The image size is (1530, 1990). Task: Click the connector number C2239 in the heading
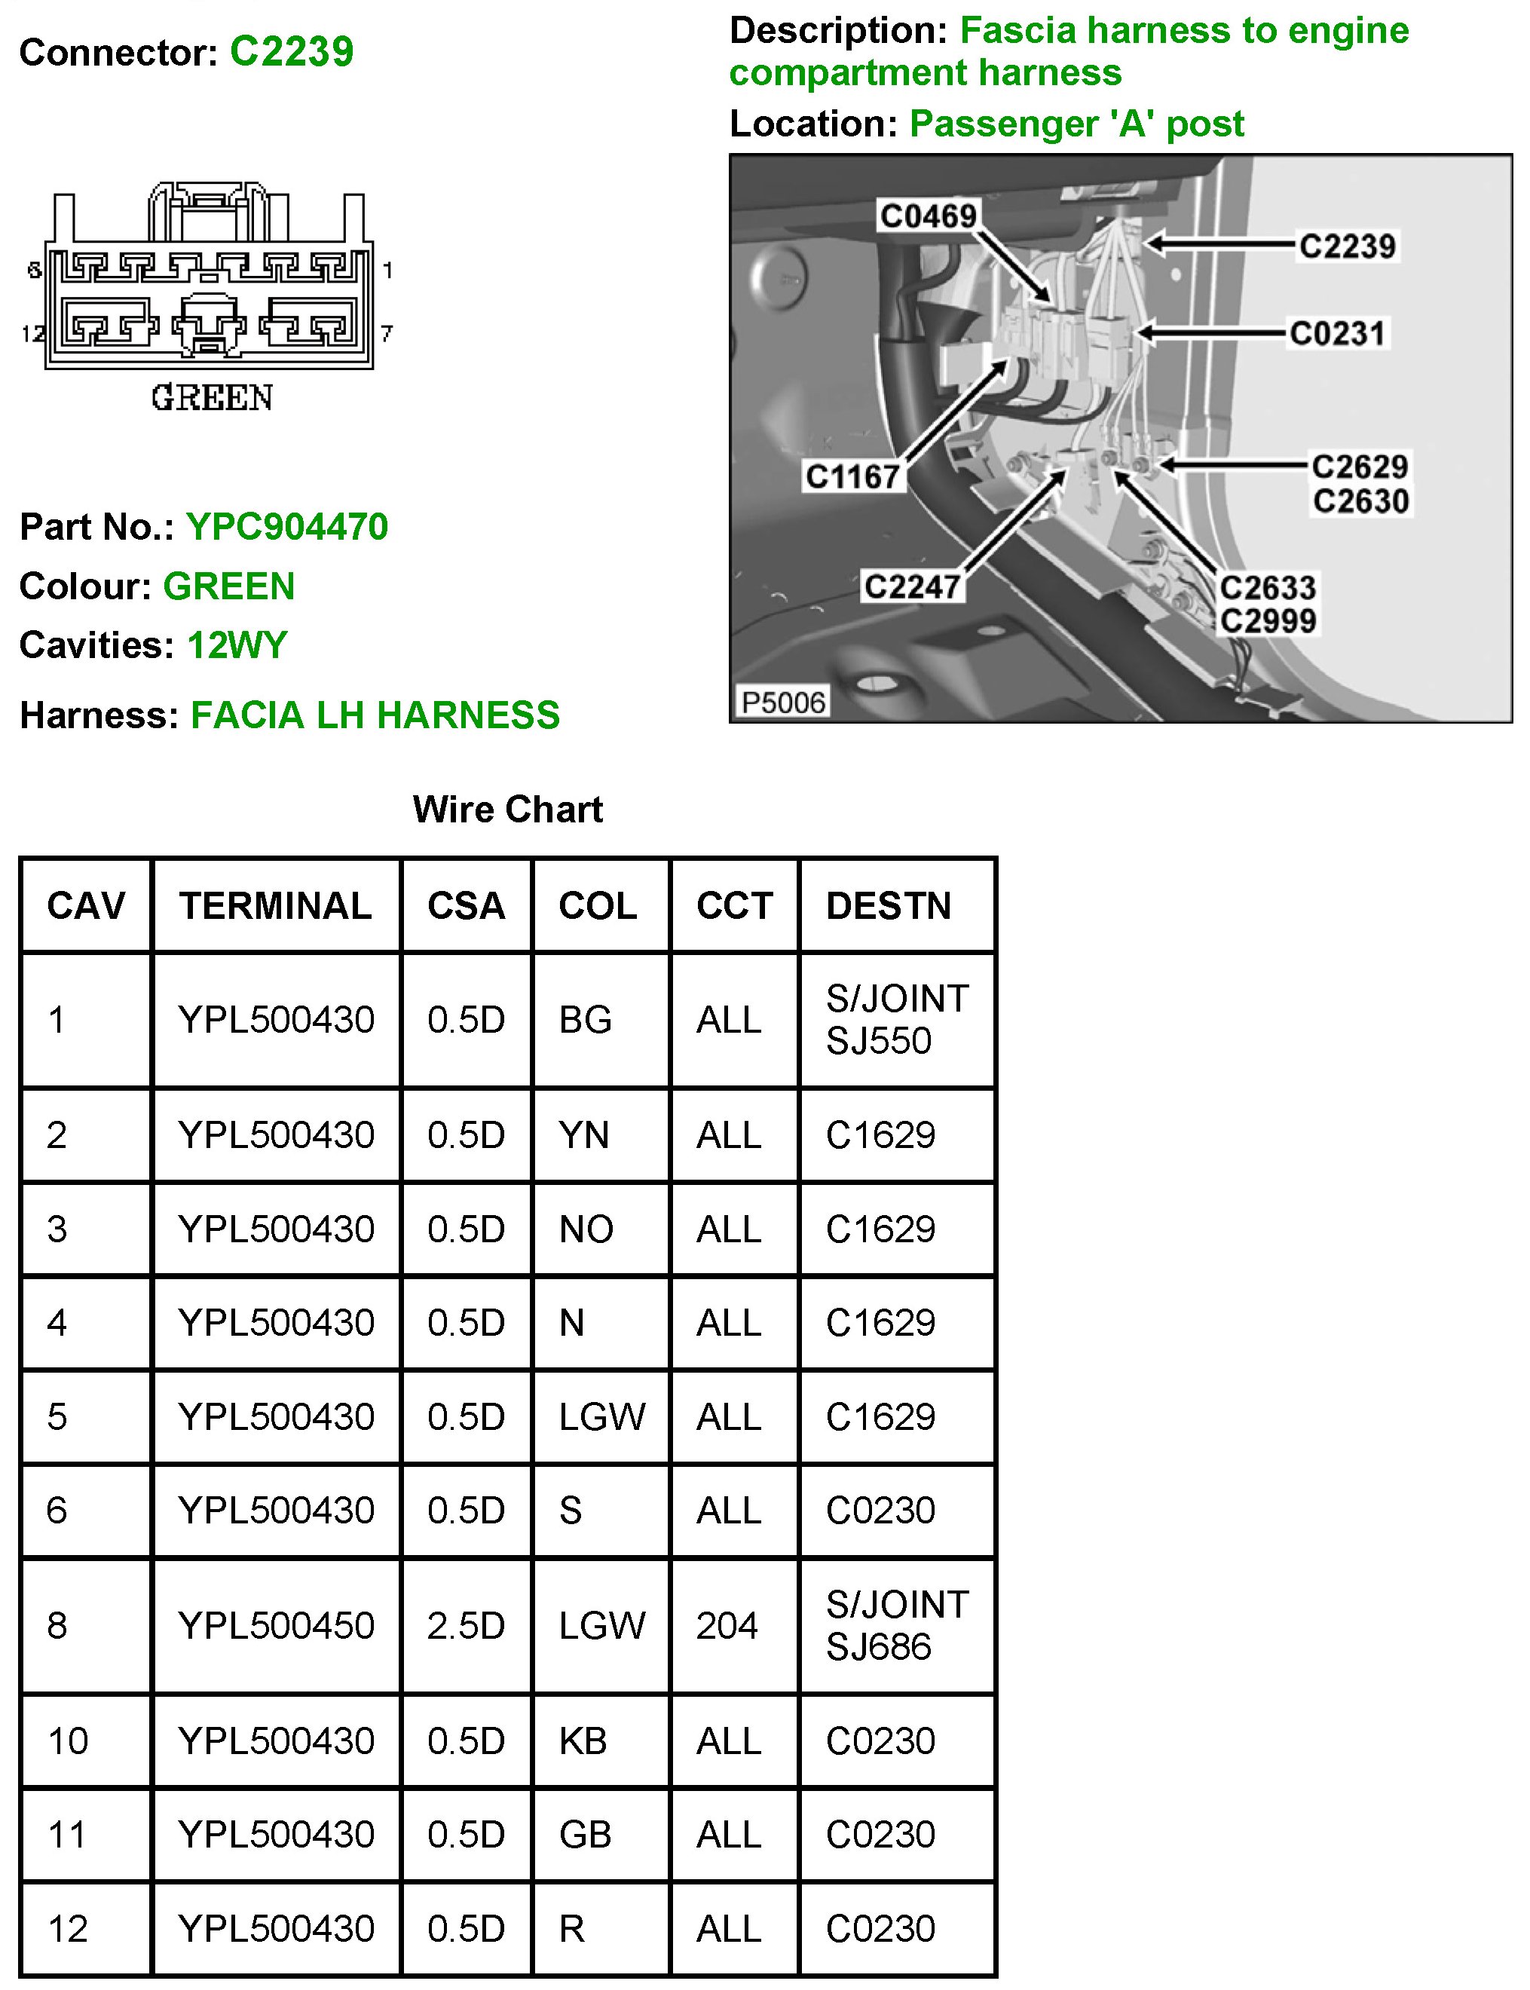(x=292, y=52)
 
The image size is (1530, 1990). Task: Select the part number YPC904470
(x=287, y=526)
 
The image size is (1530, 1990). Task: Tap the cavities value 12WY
(x=237, y=644)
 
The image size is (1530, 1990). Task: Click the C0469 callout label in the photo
(x=928, y=216)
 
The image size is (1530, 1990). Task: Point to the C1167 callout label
(x=852, y=476)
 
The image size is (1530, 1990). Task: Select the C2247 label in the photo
(x=912, y=586)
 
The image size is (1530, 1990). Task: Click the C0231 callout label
(x=1337, y=333)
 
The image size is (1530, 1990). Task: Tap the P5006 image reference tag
(x=782, y=703)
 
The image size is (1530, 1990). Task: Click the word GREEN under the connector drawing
(x=213, y=398)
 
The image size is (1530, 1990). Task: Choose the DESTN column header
(x=888, y=906)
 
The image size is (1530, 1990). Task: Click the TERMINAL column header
(x=275, y=906)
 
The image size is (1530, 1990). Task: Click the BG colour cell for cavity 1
(x=585, y=1020)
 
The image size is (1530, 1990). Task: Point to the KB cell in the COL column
(x=583, y=1740)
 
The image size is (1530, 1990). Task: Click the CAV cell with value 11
(x=66, y=1834)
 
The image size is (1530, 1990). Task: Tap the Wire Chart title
(x=507, y=809)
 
